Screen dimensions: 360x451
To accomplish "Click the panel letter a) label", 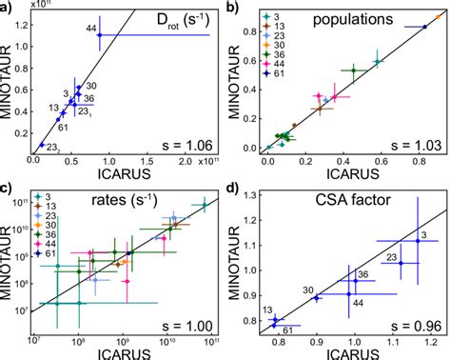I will pos(9,9).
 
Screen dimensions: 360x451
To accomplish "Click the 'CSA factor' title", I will pos(386,197).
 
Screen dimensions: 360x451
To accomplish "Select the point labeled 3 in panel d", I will pos(418,242).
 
